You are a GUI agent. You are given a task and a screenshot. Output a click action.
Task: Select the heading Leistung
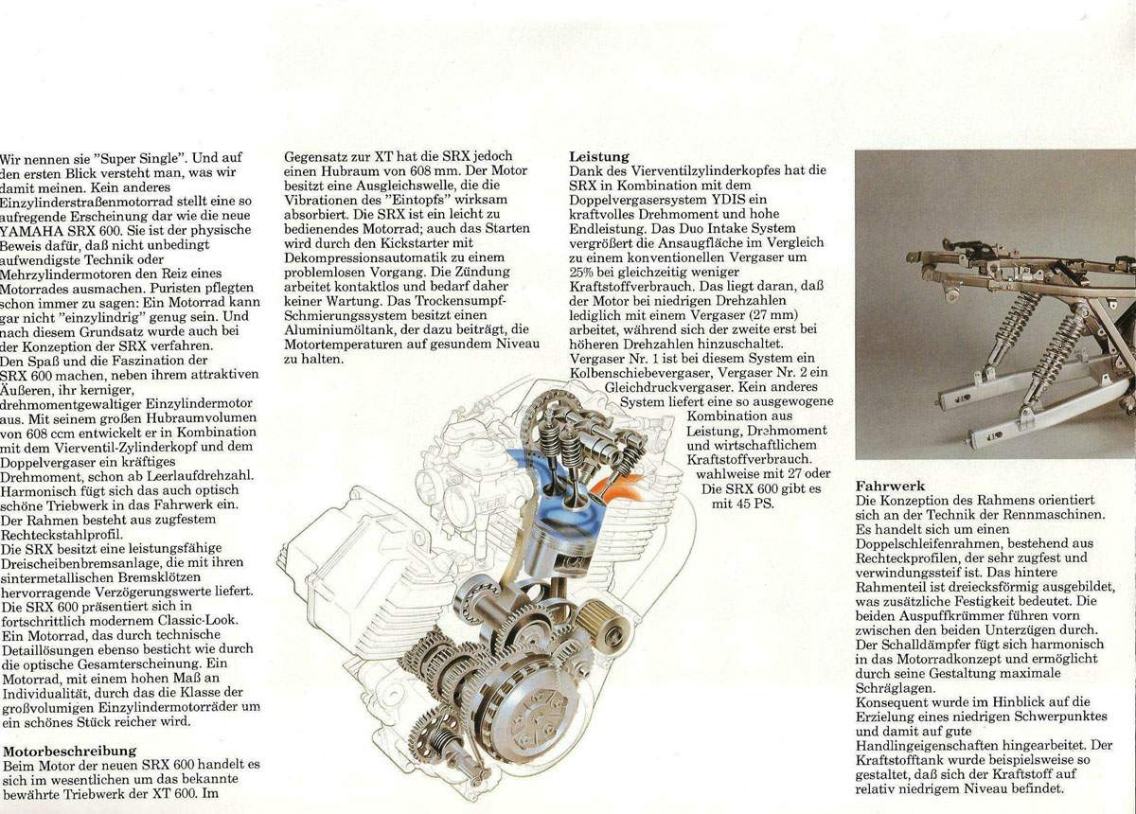[x=599, y=156]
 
